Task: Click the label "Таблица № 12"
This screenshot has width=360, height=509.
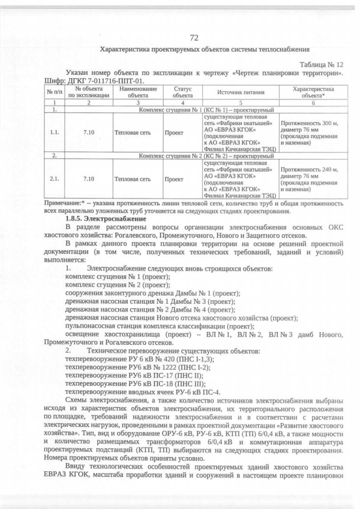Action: (321, 65)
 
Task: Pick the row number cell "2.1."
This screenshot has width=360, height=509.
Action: (54, 179)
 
